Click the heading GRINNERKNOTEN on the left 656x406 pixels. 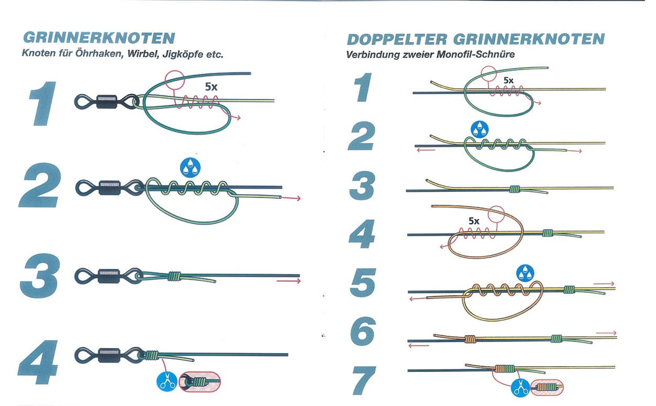99,39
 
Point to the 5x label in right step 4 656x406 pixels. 474,221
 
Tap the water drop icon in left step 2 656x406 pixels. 190,167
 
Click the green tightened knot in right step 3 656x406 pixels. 514,188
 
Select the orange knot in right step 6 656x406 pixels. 470,338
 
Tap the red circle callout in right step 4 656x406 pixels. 496,214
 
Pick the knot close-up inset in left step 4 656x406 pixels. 200,382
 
